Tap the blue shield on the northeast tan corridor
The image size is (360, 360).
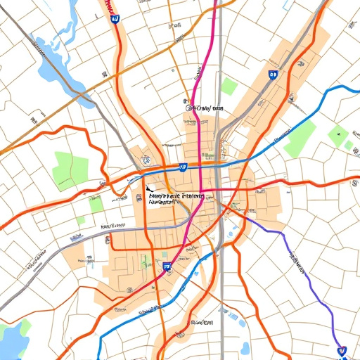coord(273,73)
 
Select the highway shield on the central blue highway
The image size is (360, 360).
coord(183,167)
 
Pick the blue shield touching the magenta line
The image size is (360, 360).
coord(167,267)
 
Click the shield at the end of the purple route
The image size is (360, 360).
coord(342,349)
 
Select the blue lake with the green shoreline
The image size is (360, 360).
coord(10,337)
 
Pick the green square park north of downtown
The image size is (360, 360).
coord(229,86)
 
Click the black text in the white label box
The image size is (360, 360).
coord(176,197)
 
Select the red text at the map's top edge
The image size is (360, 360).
coord(109,6)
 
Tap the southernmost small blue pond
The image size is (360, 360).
coord(245,347)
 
